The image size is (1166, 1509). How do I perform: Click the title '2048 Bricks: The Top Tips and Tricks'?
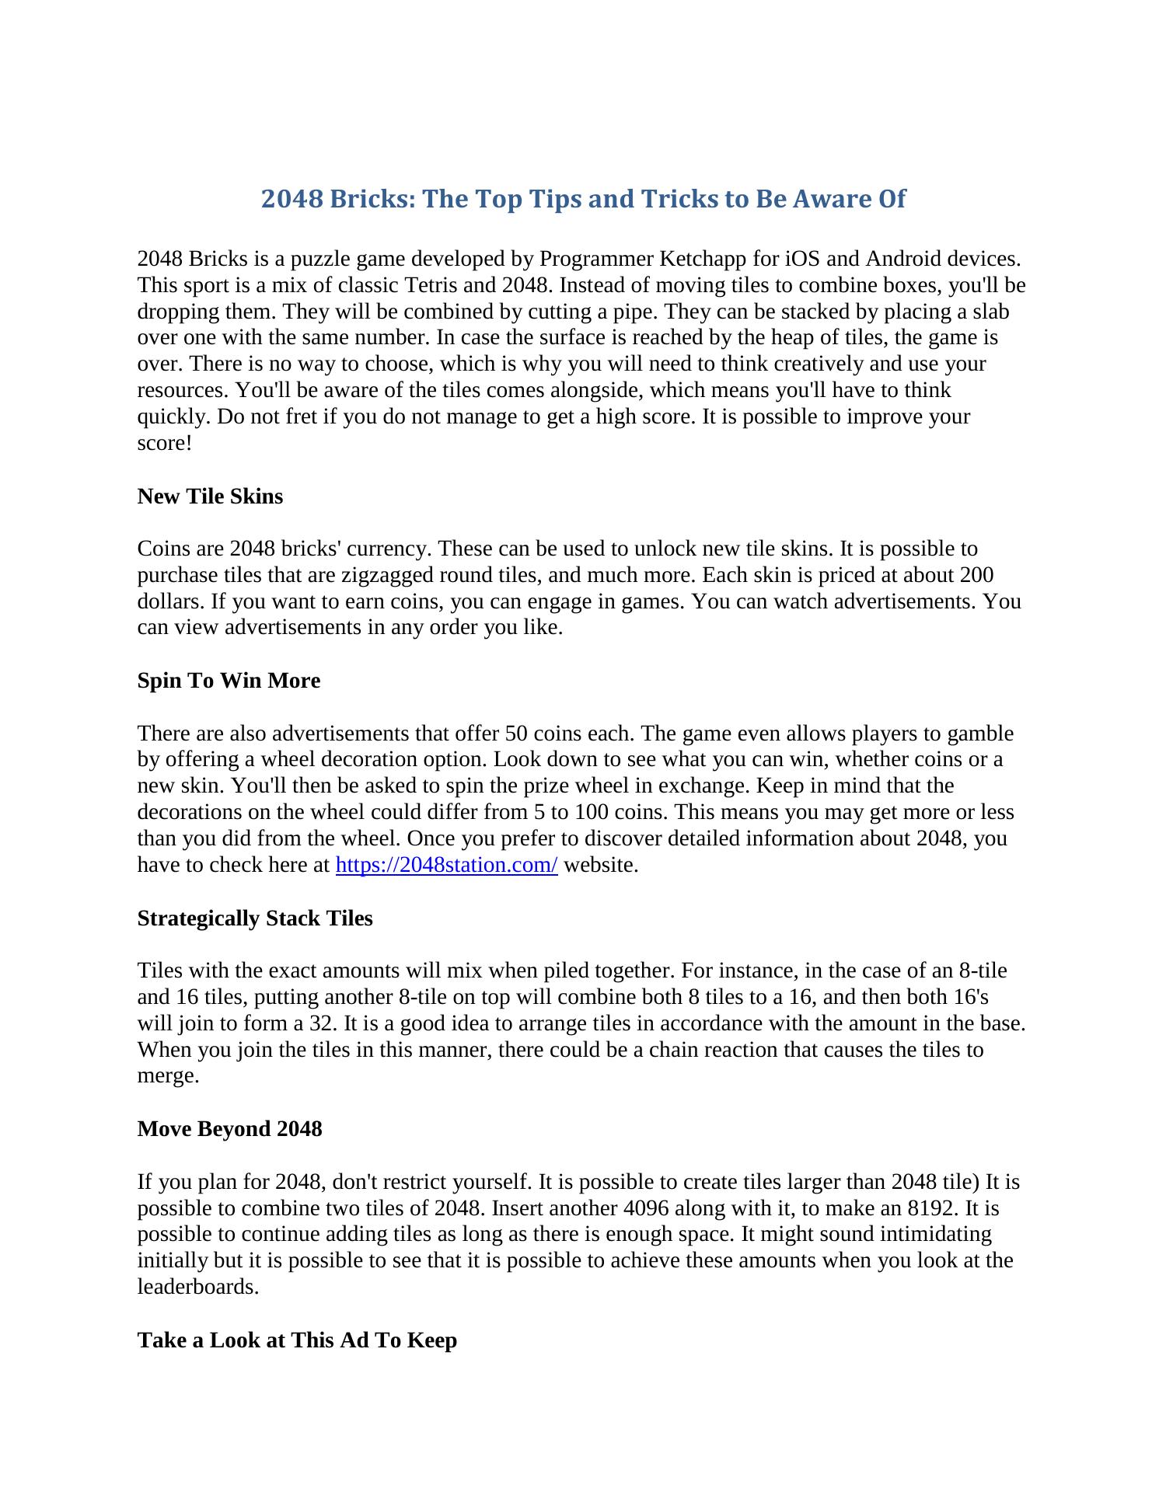(583, 199)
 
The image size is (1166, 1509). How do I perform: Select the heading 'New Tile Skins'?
(210, 497)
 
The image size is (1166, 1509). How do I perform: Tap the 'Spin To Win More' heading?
(229, 681)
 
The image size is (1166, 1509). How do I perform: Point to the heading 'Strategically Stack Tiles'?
(255, 918)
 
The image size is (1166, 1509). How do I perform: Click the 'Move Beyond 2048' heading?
(229, 1129)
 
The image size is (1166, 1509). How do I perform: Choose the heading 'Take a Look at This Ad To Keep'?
(297, 1340)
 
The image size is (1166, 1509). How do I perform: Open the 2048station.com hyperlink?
(446, 865)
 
